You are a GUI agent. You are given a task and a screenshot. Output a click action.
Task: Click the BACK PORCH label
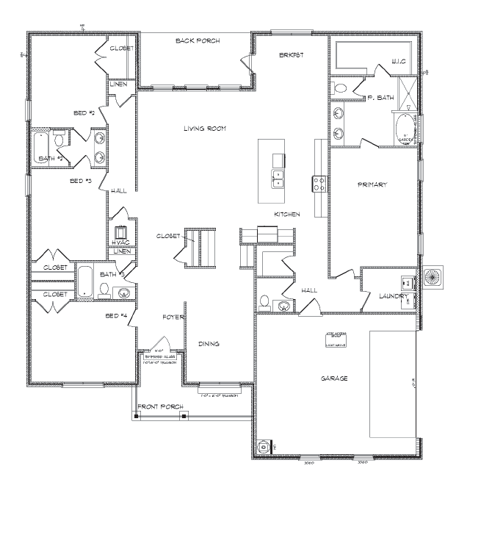pos(193,40)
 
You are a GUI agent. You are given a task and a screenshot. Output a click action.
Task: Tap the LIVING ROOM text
pos(205,129)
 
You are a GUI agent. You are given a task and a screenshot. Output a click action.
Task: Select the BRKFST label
pos(291,56)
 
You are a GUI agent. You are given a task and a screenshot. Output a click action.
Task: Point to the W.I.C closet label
pos(399,62)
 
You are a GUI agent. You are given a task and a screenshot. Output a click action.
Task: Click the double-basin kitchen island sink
pos(279,179)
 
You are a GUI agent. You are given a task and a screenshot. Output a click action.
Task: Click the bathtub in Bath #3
pos(86,281)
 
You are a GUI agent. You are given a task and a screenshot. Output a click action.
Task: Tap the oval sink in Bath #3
pos(125,293)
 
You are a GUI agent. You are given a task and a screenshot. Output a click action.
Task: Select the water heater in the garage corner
pos(263,445)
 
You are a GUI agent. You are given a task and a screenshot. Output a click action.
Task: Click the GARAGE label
pos(333,378)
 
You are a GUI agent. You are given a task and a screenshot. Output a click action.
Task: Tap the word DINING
pos(209,344)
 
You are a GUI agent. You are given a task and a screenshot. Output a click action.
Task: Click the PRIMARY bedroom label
pos(372,184)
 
